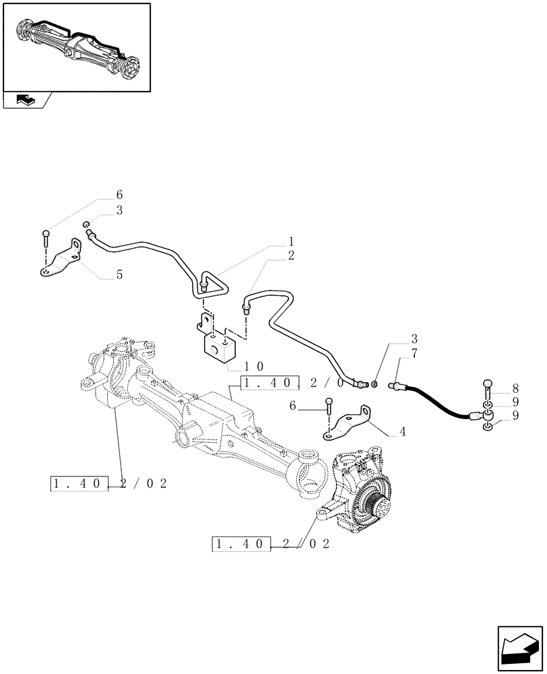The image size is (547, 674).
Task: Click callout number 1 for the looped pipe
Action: (291, 241)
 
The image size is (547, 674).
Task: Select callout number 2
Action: (291, 255)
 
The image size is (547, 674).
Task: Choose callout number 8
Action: (515, 388)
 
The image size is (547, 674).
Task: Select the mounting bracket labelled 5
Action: (61, 259)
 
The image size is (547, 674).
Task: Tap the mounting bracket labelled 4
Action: (349, 422)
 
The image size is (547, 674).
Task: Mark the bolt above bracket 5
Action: (45, 238)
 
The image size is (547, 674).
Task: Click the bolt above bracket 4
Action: (328, 406)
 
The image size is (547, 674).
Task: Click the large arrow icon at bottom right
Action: (519, 646)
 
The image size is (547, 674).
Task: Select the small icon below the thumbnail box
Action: (26, 100)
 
